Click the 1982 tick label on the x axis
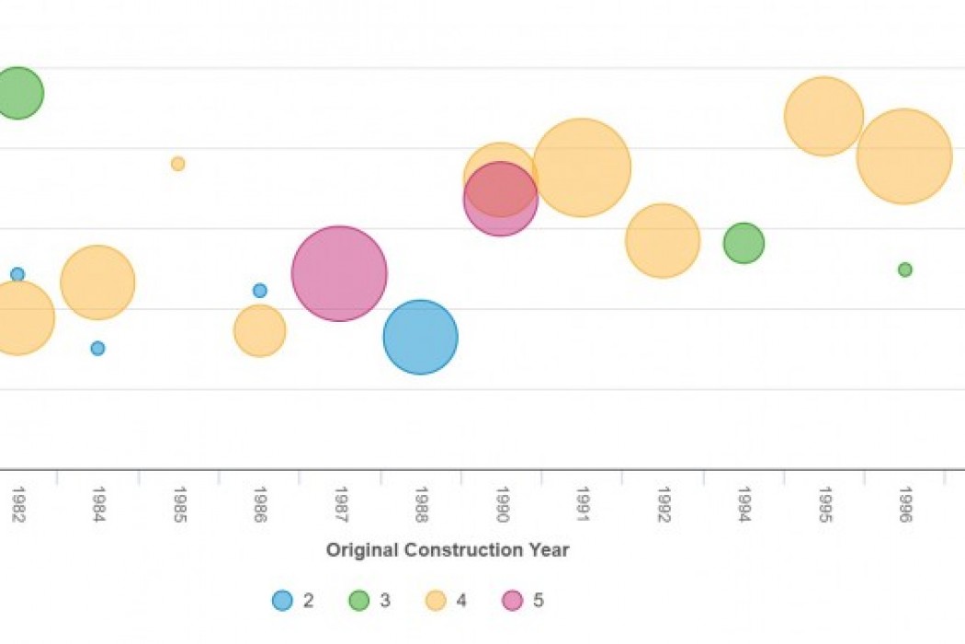click(x=17, y=505)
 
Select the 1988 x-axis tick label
click(x=421, y=505)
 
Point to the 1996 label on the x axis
click(x=905, y=505)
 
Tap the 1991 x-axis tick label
click(x=582, y=505)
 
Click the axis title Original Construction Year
click(x=448, y=550)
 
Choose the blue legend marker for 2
click(x=282, y=601)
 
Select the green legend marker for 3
click(x=358, y=601)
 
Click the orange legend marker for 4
click(x=436, y=601)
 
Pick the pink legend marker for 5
click(x=512, y=601)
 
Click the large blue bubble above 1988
click(x=420, y=338)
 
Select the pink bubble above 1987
click(x=339, y=273)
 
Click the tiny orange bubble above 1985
click(x=177, y=164)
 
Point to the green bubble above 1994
click(x=744, y=244)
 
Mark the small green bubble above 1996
click(x=905, y=270)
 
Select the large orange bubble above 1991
click(x=582, y=167)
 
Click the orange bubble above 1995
click(x=824, y=117)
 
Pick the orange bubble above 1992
click(x=663, y=240)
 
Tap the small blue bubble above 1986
click(x=260, y=291)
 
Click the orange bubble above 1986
click(x=260, y=331)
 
